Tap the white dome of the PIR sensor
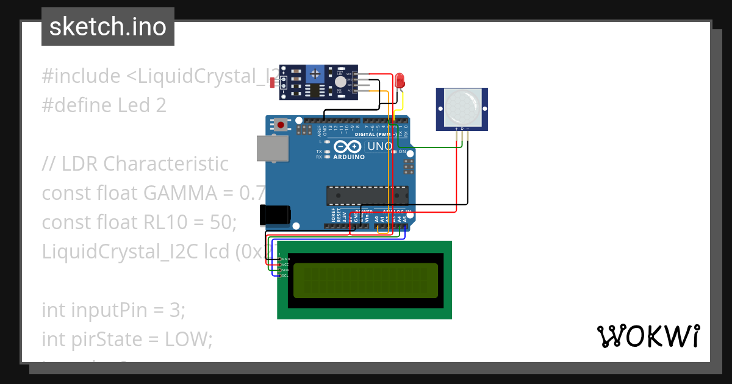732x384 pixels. (x=462, y=105)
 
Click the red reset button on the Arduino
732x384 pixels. (x=281, y=125)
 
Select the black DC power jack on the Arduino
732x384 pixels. (x=275, y=215)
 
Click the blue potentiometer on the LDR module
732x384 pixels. (x=315, y=74)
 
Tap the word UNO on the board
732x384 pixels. (x=379, y=146)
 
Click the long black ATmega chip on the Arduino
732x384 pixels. (x=367, y=195)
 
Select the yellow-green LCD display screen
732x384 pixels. (x=365, y=280)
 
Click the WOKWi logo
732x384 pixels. (x=648, y=336)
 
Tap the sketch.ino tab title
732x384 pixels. (x=108, y=27)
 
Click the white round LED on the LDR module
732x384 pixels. (x=340, y=82)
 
